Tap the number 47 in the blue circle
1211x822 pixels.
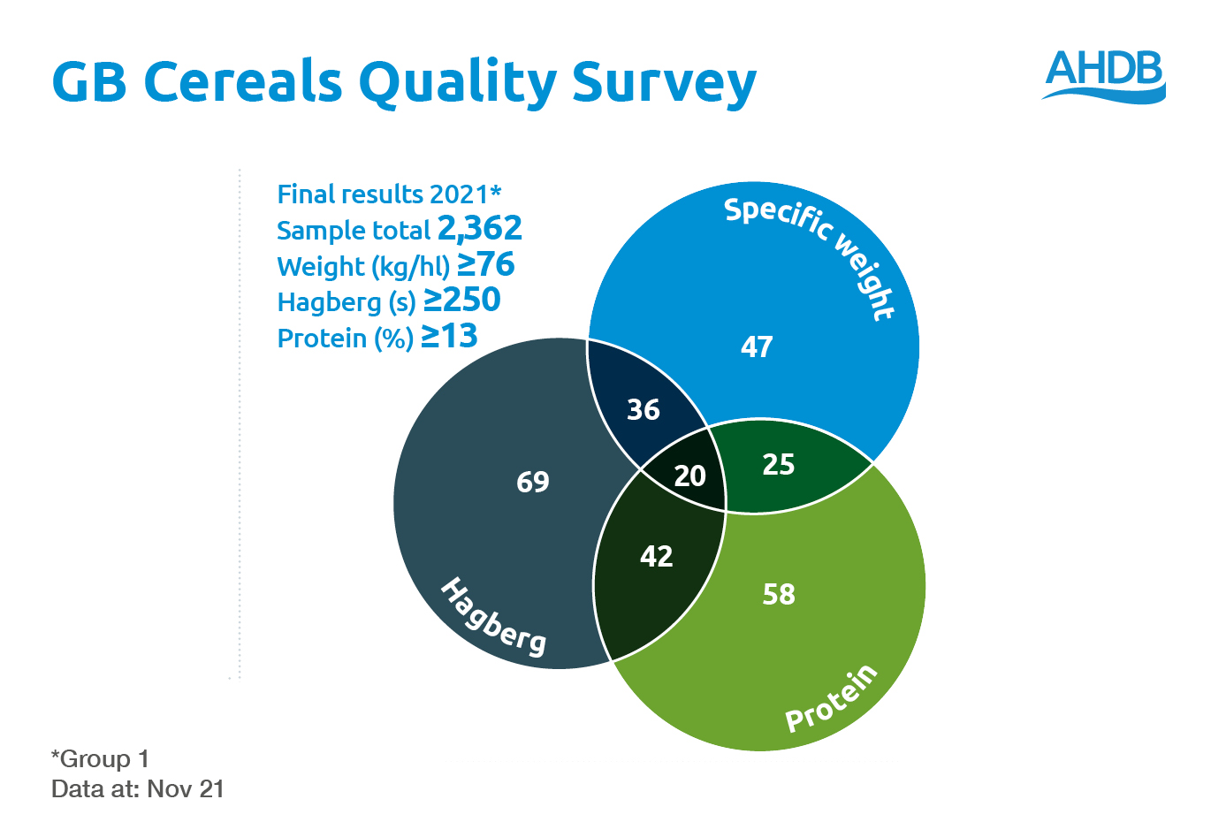coord(757,347)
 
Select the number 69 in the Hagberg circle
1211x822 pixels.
coord(533,482)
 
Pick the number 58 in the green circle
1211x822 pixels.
coord(779,595)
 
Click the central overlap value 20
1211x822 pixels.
coord(689,476)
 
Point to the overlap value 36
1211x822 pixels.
coord(644,410)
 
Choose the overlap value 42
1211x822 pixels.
coord(657,557)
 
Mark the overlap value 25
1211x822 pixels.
coord(779,465)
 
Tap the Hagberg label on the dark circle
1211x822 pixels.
coord(493,617)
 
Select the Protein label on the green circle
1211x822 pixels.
coord(832,698)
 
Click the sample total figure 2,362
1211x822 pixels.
coord(480,229)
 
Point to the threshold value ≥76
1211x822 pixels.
coord(486,264)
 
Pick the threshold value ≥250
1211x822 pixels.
coord(462,301)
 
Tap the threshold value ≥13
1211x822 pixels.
coord(449,337)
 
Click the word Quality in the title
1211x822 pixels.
coord(457,82)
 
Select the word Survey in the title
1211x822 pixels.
coord(664,82)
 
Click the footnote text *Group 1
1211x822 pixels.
coord(100,758)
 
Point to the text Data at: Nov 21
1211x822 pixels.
coord(138,788)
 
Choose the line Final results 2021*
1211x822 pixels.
coord(389,194)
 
